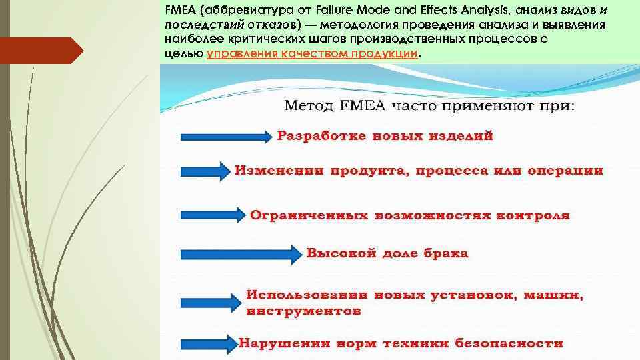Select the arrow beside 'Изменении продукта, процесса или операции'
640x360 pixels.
point(205,171)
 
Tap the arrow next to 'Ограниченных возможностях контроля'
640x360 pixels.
point(213,215)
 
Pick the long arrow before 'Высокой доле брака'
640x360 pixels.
point(241,254)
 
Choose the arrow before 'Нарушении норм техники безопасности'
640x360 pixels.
point(209,345)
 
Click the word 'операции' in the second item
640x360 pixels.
point(565,171)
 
